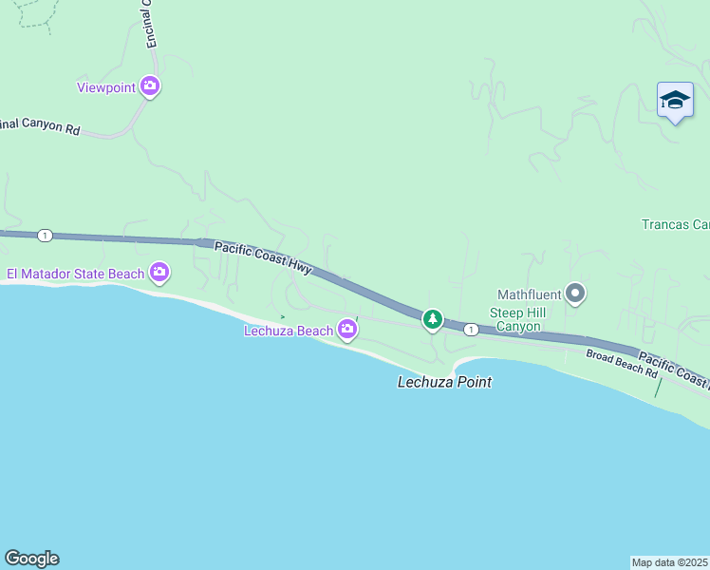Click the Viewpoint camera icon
tap(150, 86)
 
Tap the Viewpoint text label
tap(106, 87)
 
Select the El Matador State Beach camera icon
tap(159, 274)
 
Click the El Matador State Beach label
tap(75, 275)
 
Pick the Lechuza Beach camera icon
tap(347, 330)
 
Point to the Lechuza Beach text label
tap(289, 331)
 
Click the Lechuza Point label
tap(444, 382)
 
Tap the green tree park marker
tap(433, 319)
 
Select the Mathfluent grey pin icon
tap(575, 293)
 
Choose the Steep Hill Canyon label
tap(514, 320)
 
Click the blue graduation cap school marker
tap(675, 100)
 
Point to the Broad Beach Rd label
tap(623, 362)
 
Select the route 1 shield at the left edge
tap(45, 235)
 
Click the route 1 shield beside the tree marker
tap(471, 329)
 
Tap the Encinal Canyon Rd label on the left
tap(40, 126)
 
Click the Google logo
tap(31, 559)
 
